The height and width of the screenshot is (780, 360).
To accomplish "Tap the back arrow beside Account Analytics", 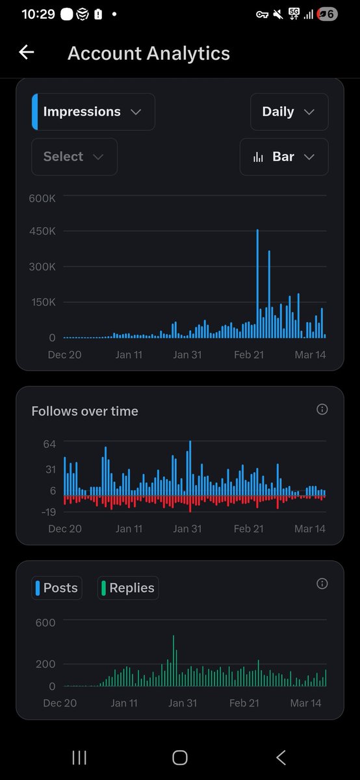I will [x=26, y=53].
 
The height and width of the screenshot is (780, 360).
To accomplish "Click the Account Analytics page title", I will [x=148, y=53].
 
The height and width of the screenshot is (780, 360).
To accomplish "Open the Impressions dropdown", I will [x=93, y=112].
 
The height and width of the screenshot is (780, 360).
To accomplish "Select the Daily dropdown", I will [x=289, y=112].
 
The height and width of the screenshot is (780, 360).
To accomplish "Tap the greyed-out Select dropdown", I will [x=74, y=157].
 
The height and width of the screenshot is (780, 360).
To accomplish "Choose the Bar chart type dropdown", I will [x=284, y=157].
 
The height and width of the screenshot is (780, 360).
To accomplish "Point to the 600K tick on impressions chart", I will [x=42, y=198].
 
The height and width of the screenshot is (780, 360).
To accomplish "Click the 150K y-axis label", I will [x=42, y=302].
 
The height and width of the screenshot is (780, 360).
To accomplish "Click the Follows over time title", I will [x=84, y=411].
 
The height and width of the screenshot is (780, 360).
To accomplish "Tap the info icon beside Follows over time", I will [x=322, y=409].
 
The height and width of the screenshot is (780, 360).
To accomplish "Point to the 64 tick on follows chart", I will [x=50, y=444].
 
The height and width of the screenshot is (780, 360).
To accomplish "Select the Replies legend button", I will [x=127, y=588].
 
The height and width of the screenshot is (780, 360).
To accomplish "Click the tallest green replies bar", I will [x=174, y=660].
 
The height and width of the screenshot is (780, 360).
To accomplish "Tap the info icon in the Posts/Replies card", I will [x=322, y=584].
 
